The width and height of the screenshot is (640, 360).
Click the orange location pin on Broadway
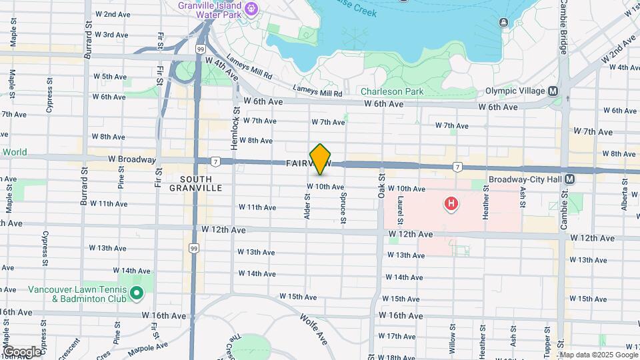(x=321, y=159)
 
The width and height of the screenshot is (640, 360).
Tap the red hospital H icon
(x=451, y=203)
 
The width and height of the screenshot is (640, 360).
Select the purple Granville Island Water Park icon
(x=251, y=9)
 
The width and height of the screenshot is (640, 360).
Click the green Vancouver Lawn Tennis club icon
(x=137, y=293)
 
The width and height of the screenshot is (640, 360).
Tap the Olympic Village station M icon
(x=553, y=91)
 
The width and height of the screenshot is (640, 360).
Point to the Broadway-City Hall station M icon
(x=570, y=179)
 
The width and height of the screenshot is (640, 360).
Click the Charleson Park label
(x=392, y=91)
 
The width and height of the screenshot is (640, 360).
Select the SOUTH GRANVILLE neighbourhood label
(x=196, y=183)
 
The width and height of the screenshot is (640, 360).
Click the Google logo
(x=21, y=351)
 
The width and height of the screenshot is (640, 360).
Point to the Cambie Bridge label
(x=563, y=36)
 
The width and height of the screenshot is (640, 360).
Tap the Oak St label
(x=382, y=187)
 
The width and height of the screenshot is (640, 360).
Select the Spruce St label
(x=343, y=209)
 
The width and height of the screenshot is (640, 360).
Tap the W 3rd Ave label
(x=111, y=34)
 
